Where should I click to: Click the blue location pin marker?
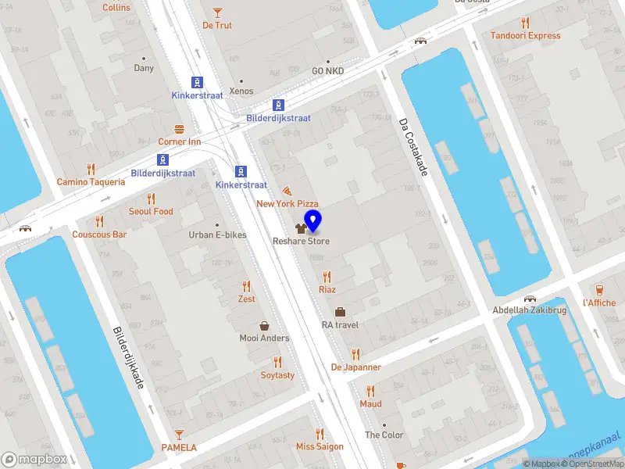click(x=313, y=221)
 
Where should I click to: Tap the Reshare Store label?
click(x=301, y=241)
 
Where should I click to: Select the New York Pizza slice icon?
click(x=287, y=190)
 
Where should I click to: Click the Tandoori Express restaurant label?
click(x=525, y=35)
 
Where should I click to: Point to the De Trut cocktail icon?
click(x=217, y=12)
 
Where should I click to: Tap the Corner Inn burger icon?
click(x=179, y=128)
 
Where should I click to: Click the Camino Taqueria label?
click(x=91, y=181)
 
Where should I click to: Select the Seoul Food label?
click(x=151, y=211)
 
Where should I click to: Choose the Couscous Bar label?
click(x=99, y=234)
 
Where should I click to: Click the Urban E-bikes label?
click(x=218, y=234)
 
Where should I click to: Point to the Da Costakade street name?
click(x=413, y=147)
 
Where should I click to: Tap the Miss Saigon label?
click(x=319, y=447)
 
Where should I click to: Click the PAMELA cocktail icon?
click(x=179, y=434)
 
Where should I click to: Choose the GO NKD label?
click(x=328, y=71)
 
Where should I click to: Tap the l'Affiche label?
click(x=599, y=303)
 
